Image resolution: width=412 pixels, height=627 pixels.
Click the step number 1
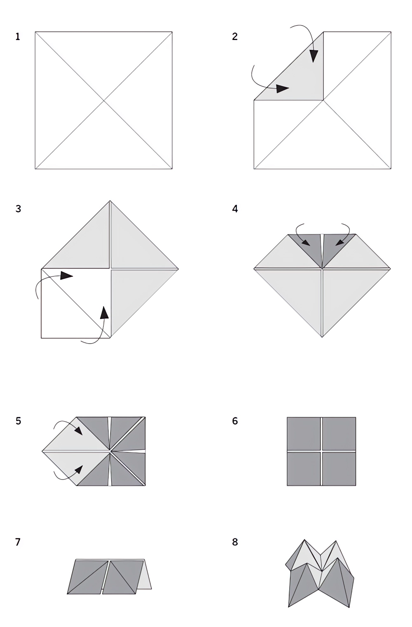[x=18, y=37]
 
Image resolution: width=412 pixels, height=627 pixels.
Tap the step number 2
[x=235, y=37]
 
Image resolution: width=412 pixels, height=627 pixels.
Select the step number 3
[x=18, y=209]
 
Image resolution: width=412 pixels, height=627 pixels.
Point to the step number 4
[x=235, y=209]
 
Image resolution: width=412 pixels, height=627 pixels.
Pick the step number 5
[x=18, y=421]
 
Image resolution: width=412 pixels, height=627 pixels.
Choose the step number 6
[x=235, y=421]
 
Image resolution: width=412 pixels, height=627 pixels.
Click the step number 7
[x=18, y=542]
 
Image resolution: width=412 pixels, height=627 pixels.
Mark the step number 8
[x=235, y=542]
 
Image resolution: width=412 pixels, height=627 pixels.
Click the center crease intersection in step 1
[x=103, y=100]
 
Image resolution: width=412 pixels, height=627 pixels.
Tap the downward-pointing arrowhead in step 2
[x=314, y=56]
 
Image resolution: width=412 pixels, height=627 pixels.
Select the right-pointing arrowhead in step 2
[x=282, y=89]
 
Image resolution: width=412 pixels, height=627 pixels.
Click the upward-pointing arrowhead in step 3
[x=105, y=312]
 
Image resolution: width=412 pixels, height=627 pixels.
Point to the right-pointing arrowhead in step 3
[x=67, y=276]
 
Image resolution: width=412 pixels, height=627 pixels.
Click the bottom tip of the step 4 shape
[x=322, y=337]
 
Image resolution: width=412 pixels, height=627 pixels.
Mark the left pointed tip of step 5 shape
[x=42, y=451]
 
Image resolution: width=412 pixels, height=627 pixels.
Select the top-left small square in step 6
[x=304, y=433]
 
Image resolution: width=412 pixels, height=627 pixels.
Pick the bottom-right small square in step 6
[x=339, y=469]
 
